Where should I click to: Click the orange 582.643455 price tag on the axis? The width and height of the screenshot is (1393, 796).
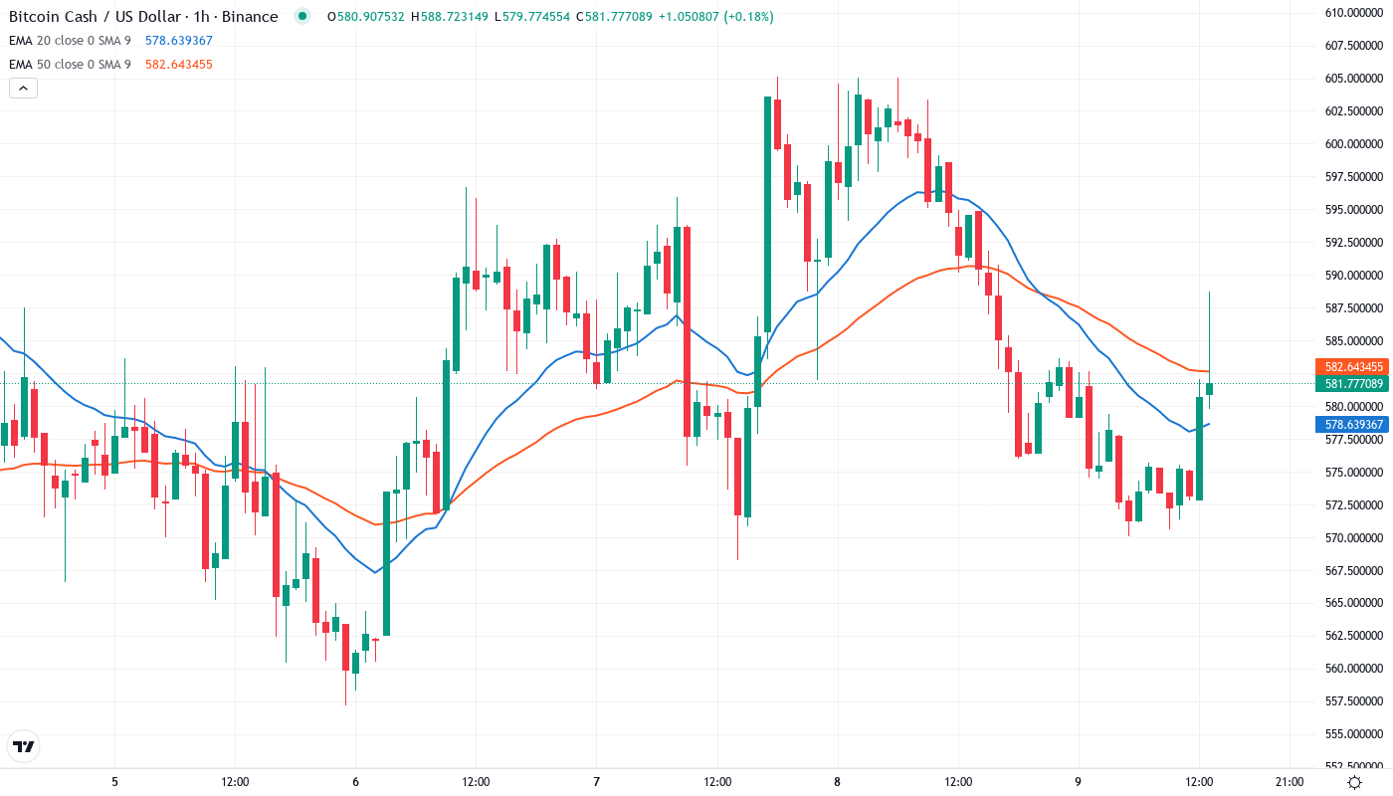point(1350,367)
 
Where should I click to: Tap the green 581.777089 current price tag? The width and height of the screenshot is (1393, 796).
point(1350,384)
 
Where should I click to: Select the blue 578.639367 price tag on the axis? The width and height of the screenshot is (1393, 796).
point(1350,425)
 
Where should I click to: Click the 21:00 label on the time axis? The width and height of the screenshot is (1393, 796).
point(1290,782)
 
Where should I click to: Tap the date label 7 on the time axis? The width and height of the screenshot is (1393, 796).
point(596,782)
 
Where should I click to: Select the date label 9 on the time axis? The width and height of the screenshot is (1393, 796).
point(1078,782)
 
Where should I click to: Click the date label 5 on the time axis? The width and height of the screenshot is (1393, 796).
point(114,782)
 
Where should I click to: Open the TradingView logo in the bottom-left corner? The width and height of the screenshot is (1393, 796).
point(23,746)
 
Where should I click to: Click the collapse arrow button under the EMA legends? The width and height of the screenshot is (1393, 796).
point(23,89)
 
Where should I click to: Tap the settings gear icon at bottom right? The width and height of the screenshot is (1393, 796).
point(1355,782)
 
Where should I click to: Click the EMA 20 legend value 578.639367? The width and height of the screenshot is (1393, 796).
point(179,41)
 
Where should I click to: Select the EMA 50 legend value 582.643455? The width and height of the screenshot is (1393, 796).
point(179,65)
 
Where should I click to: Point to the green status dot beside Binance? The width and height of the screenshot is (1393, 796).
point(302,17)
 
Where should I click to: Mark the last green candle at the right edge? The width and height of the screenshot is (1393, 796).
point(1210,389)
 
